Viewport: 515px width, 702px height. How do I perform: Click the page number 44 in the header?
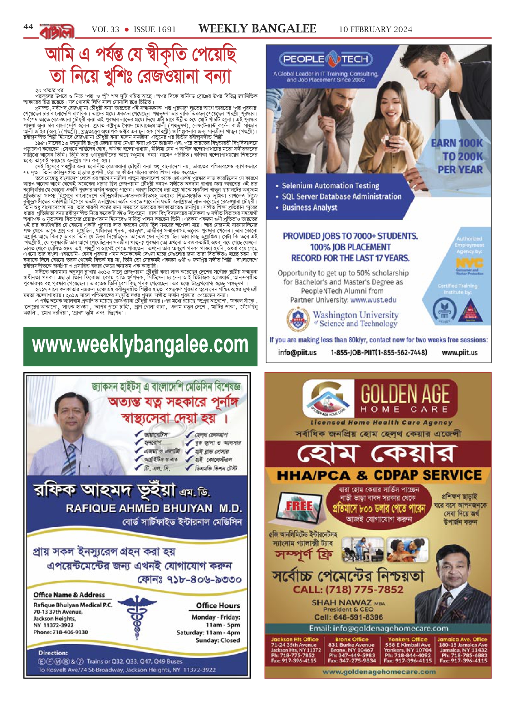[28, 27]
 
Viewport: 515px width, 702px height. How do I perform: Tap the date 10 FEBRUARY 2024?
[375, 30]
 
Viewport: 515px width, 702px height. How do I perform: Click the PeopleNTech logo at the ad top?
[326, 59]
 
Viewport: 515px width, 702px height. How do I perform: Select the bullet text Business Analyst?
[309, 207]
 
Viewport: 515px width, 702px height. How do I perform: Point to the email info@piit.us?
[297, 353]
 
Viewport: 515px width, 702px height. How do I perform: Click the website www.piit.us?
[459, 353]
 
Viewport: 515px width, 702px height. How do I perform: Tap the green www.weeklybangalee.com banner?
[140, 346]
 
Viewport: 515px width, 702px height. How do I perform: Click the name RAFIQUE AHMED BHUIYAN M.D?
[154, 508]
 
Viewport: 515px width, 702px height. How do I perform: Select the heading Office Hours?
[218, 606]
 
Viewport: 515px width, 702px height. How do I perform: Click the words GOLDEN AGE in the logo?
[405, 394]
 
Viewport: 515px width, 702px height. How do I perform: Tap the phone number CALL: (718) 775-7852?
[348, 589]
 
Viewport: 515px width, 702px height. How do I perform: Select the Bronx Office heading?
[351, 639]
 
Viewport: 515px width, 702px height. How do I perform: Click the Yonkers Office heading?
[407, 639]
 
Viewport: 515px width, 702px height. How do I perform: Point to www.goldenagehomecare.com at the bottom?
[379, 672]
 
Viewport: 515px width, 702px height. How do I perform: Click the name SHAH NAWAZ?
[342, 603]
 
